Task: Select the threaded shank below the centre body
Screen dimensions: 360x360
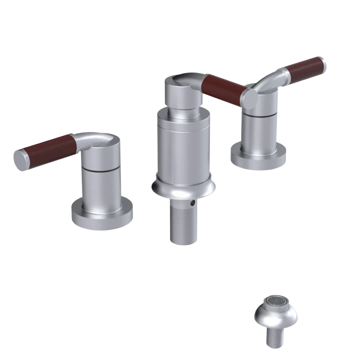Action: (183, 223)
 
